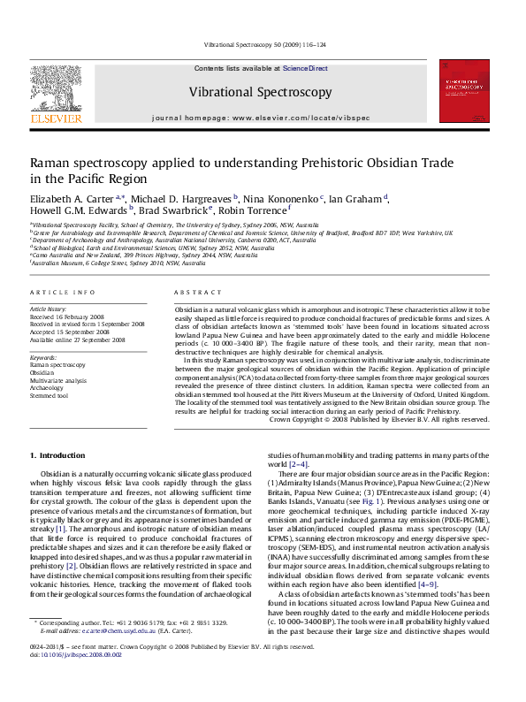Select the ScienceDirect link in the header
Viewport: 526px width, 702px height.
pyautogui.click(x=305, y=68)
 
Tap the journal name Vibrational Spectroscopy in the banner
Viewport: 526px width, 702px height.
pyautogui.click(x=260, y=92)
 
